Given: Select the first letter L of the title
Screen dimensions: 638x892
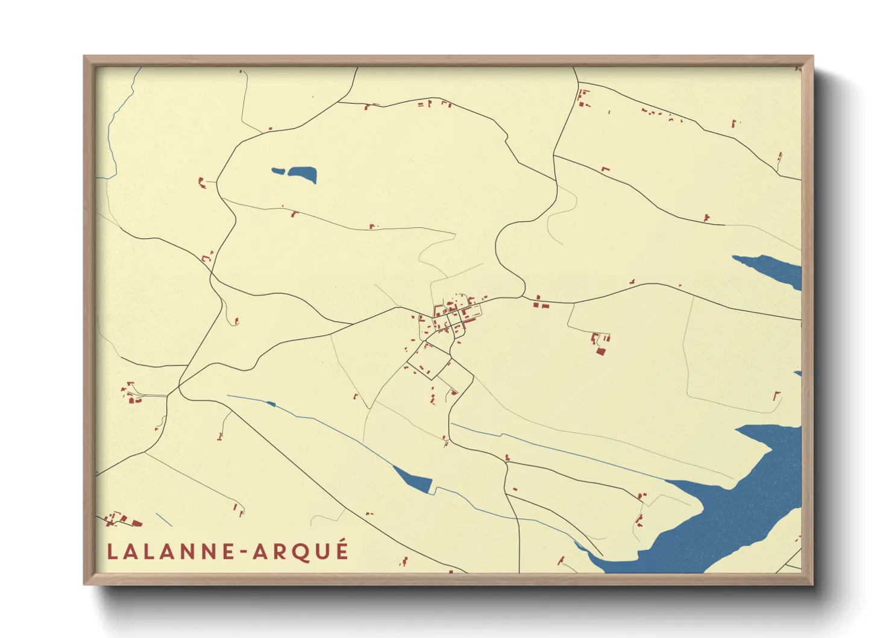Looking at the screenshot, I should (112, 552).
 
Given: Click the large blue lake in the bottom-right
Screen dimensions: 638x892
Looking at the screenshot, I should (735, 513).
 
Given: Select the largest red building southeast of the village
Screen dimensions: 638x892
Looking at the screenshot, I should (600, 351).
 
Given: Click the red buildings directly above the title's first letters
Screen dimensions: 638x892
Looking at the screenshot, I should (124, 520).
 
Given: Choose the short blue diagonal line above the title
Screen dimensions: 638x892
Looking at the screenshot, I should (164, 520).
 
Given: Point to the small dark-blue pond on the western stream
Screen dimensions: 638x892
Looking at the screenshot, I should (271, 403).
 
